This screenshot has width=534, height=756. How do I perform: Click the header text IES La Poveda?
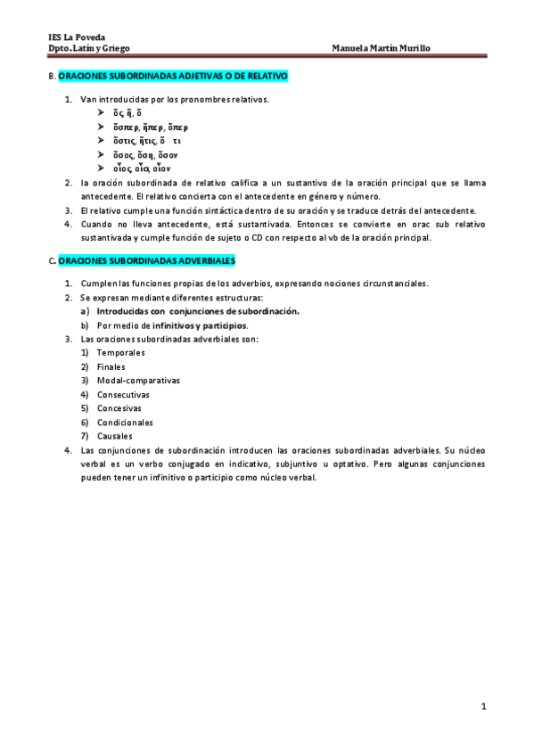76,37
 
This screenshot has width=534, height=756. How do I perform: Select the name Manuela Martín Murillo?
380,48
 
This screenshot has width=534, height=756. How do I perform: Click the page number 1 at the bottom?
482,707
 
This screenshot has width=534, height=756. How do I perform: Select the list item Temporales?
120,353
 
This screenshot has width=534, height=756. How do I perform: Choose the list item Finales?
111,366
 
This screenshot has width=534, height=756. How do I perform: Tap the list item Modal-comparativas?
138,380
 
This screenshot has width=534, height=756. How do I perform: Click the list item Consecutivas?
123,394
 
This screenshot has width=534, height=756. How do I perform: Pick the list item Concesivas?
119,408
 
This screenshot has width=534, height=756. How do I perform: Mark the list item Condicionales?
125,422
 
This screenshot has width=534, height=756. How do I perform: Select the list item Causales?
115,436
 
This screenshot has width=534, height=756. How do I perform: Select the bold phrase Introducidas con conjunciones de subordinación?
198,311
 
